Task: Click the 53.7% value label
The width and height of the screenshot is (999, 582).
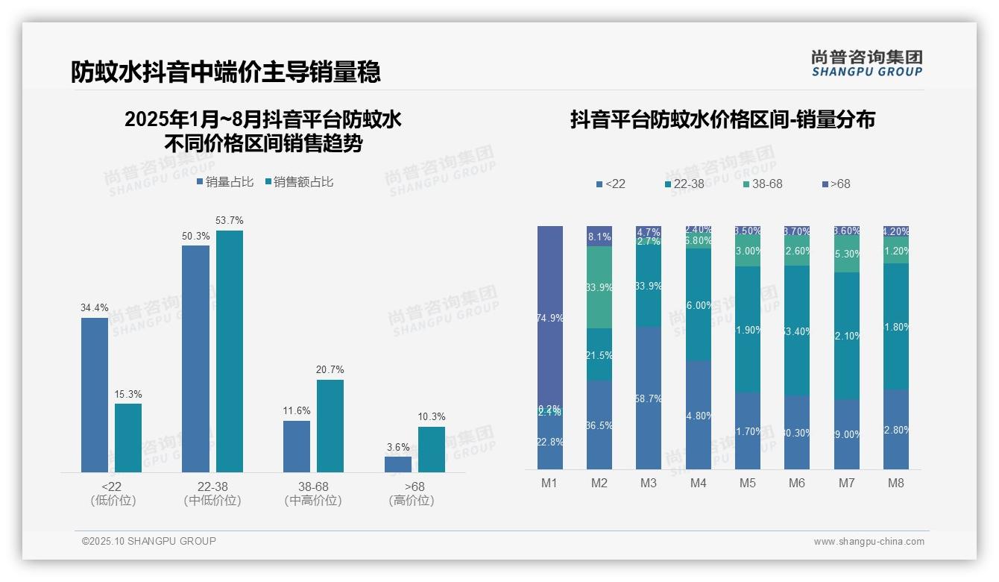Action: (229, 221)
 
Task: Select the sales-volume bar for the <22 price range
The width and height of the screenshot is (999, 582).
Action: (95, 395)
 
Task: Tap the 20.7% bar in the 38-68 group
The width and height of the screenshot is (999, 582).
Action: (330, 425)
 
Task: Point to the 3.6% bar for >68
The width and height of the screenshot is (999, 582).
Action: (398, 464)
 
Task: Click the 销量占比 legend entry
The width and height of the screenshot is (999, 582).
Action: (225, 182)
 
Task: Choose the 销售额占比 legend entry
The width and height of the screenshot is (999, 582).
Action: (299, 182)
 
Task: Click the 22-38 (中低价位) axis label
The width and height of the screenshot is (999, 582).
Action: (212, 493)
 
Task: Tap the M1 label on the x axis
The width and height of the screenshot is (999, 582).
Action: (549, 483)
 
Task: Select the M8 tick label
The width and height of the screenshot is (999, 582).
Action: (895, 483)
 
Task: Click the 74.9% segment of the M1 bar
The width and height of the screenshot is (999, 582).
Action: (550, 317)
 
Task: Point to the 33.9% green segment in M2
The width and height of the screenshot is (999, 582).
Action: (599, 287)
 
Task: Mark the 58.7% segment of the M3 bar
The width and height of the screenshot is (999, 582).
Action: (649, 398)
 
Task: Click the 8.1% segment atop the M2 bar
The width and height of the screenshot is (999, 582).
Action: (599, 237)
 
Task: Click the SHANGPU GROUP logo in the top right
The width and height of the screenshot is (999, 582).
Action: (867, 63)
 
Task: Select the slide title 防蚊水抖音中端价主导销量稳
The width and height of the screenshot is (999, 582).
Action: (226, 72)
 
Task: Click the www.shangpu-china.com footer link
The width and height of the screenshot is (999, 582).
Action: (869, 542)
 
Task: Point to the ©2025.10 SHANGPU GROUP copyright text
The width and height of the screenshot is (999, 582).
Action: (149, 541)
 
